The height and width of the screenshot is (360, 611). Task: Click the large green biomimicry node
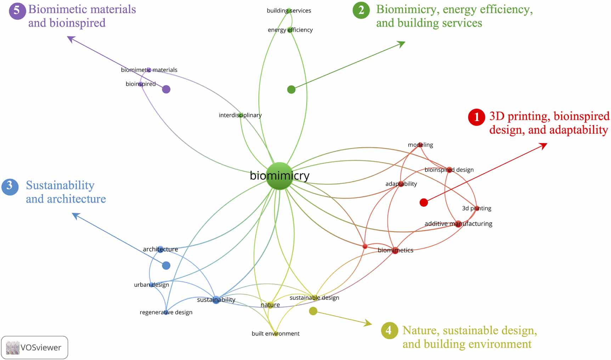[279, 176]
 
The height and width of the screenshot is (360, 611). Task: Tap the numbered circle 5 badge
[17, 11]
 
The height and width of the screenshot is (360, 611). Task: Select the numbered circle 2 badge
[361, 10]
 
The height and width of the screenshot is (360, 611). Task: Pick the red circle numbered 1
[476, 117]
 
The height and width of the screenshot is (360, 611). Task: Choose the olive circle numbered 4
[389, 331]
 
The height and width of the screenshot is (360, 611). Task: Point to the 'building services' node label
[289, 11]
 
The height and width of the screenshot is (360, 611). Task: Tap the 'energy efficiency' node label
[290, 30]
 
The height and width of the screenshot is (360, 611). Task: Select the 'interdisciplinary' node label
[240, 115]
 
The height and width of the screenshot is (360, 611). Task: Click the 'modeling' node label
[420, 145]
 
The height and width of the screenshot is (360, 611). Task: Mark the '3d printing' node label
[476, 208]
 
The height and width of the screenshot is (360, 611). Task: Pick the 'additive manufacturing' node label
[458, 224]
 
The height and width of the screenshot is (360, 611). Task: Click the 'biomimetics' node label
[395, 250]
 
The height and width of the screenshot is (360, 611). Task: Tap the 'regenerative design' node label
[166, 312]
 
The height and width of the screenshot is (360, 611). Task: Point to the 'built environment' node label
[276, 333]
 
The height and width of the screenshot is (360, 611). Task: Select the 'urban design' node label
[151, 285]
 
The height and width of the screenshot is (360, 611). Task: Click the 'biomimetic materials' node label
[149, 70]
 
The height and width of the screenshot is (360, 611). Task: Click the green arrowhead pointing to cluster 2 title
[402, 44]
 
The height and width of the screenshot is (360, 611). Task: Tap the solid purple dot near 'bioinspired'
[166, 89]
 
